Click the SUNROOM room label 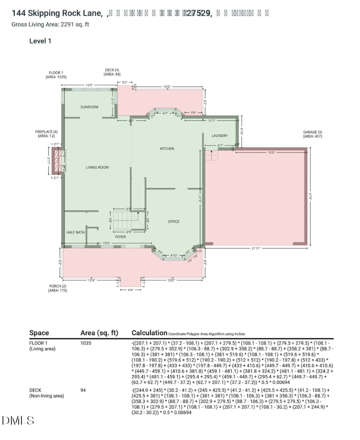pyautogui.click(x=89, y=107)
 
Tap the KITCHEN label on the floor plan pyautogui.click(x=166, y=148)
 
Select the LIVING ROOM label pyautogui.click(x=98, y=167)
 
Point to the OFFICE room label pyautogui.click(x=174, y=221)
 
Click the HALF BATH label pyautogui.click(x=76, y=232)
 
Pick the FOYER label pyautogui.click(x=120, y=237)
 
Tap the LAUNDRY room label pyautogui.click(x=220, y=135)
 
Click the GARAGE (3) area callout pyautogui.click(x=312, y=134)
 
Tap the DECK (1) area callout pyautogui.click(x=112, y=72)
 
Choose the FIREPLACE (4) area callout pyautogui.click(x=46, y=133)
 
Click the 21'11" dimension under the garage pyautogui.click(x=256, y=248)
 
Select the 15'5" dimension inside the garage pyautogui.click(x=271, y=153)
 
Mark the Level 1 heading pyautogui.click(x=40, y=41)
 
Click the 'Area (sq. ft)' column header pyautogui.click(x=99, y=333)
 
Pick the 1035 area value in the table pyautogui.click(x=86, y=343)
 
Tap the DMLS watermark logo pyautogui.click(x=18, y=421)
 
